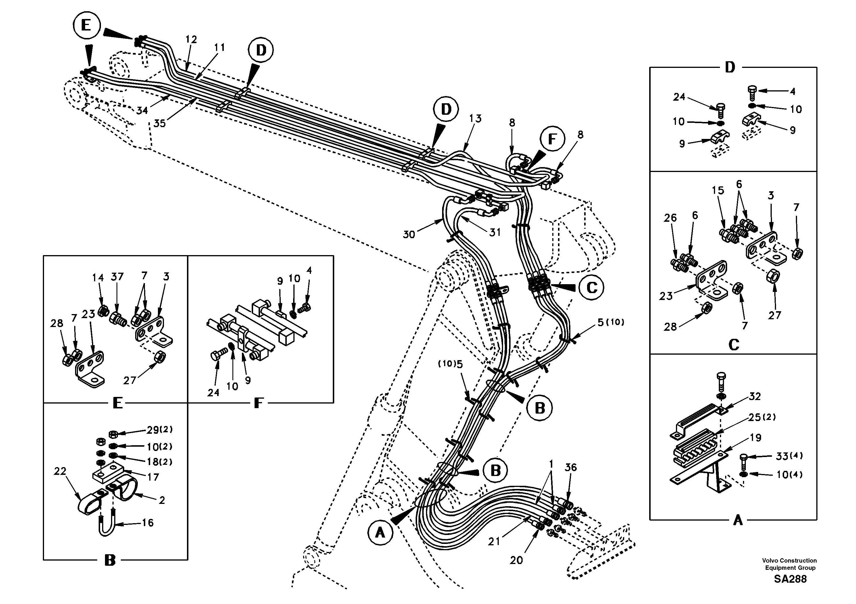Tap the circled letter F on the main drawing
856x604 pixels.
552,139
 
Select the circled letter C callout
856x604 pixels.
592,287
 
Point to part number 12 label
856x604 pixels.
191,39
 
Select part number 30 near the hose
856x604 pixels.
409,234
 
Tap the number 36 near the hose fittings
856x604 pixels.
570,468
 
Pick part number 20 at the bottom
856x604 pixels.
516,560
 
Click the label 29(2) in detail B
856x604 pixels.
159,430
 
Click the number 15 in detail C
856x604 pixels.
718,190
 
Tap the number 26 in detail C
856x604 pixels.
670,218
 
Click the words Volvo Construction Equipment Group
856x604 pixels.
790,564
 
